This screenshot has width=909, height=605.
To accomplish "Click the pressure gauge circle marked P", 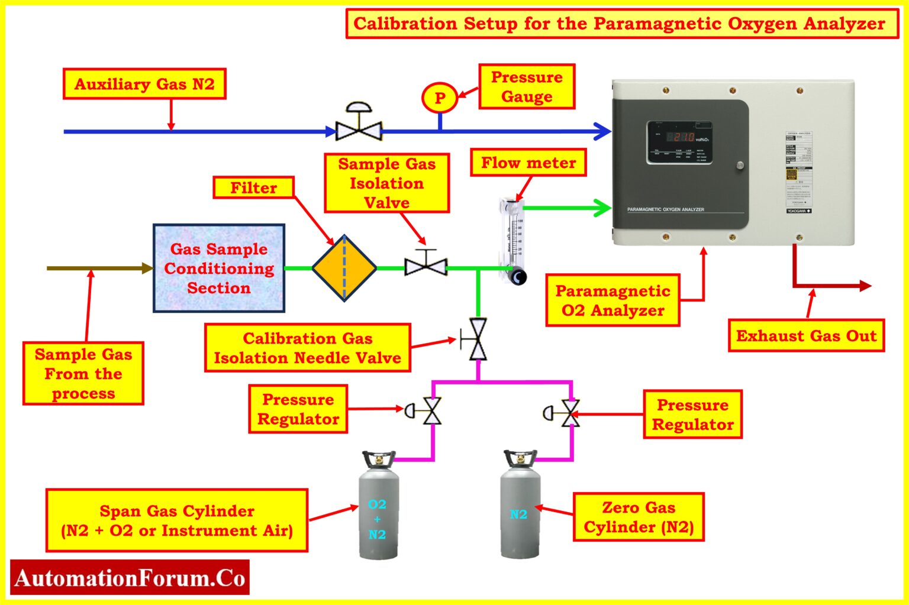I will click(x=439, y=98).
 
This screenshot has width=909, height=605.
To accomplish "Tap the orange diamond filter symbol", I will click(x=344, y=268).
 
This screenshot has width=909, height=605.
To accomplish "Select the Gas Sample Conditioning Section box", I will click(x=219, y=268).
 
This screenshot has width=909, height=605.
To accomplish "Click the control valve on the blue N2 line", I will click(x=359, y=128).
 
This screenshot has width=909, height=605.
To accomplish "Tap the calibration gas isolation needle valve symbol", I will click(x=477, y=339).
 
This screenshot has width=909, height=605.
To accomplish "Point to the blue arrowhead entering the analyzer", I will click(x=603, y=131).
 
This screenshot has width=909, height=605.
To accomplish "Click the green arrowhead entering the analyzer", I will click(x=603, y=208).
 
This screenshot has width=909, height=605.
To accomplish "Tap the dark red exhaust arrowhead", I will click(x=865, y=286).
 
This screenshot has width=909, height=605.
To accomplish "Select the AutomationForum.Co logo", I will click(x=130, y=577).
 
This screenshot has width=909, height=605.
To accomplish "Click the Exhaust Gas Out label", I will click(x=806, y=336).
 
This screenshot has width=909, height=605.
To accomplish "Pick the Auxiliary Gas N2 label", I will click(x=144, y=84).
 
